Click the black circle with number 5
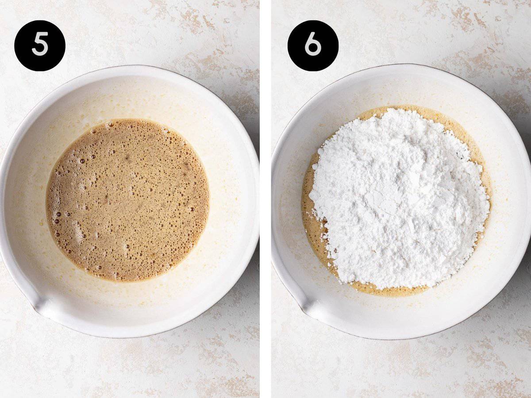[x=40, y=46]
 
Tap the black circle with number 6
[x=313, y=46]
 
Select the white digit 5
[x=40, y=46]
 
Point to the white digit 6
[x=313, y=46]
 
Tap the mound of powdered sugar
[x=399, y=198]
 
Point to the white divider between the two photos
[x=265, y=199]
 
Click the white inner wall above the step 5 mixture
[x=128, y=97]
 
